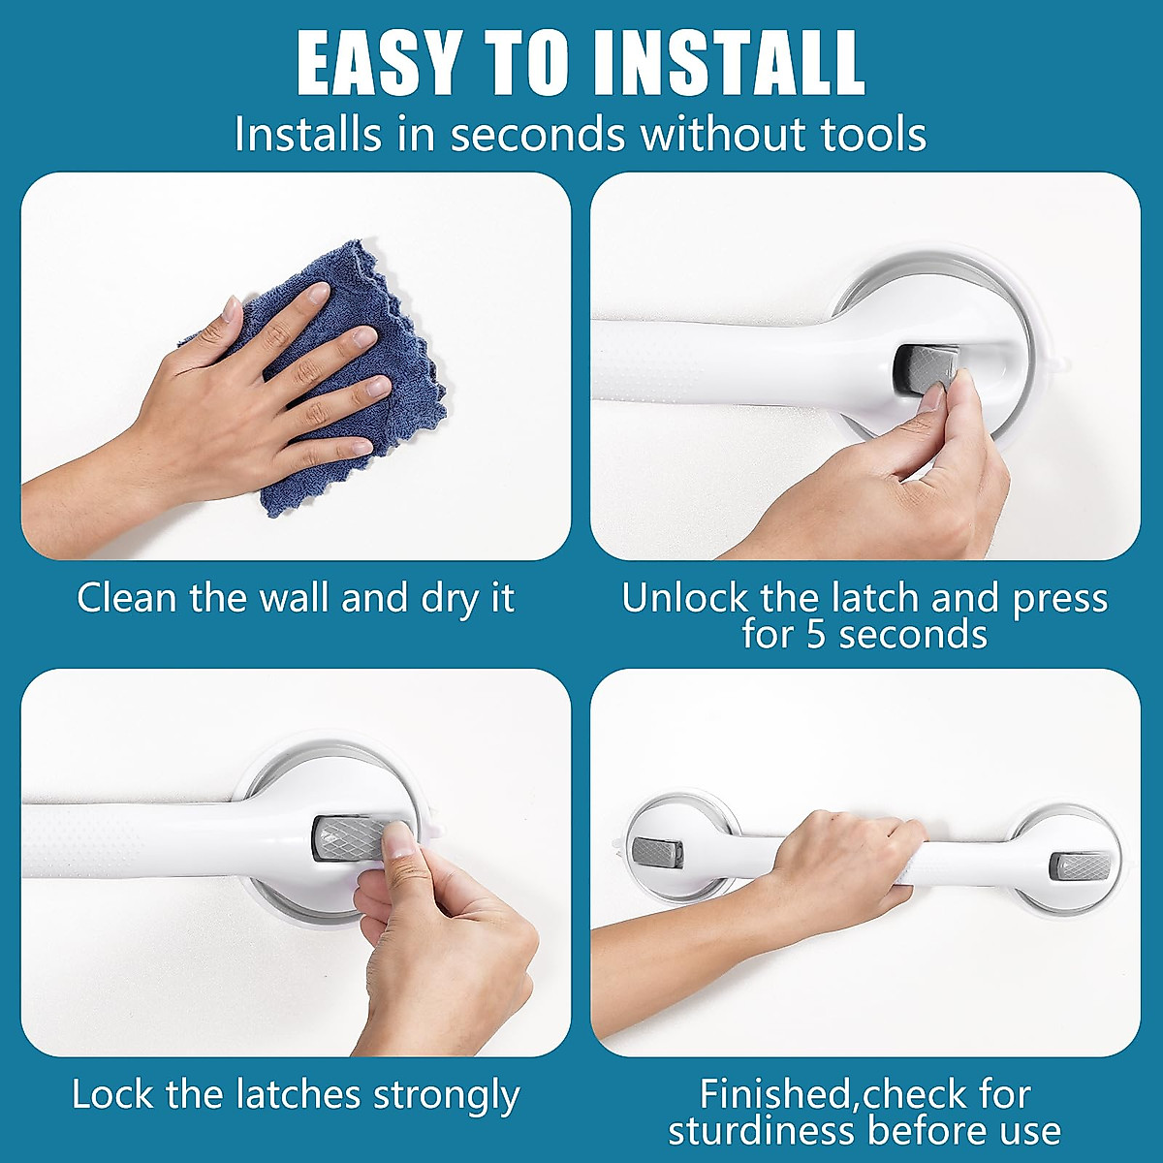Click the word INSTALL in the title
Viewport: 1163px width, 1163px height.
pos(729,64)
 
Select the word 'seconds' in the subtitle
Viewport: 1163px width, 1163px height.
pos(540,134)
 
